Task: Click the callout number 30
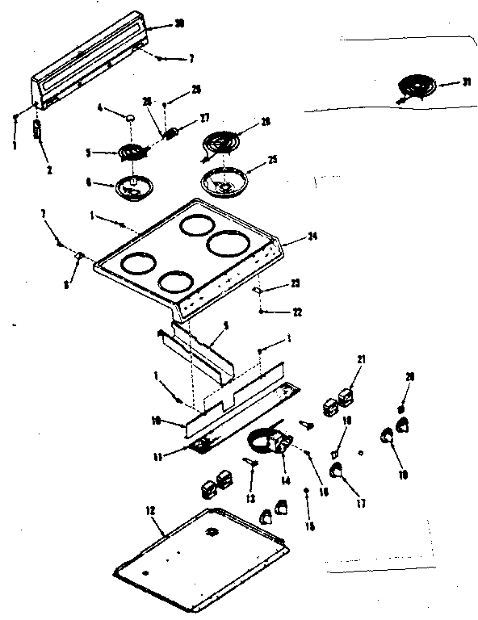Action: [x=179, y=23]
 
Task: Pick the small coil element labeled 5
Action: [x=132, y=150]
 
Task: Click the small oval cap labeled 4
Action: [x=128, y=118]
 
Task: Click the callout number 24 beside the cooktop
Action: [x=312, y=237]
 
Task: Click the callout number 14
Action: [x=283, y=478]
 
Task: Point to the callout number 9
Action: [x=68, y=285]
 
